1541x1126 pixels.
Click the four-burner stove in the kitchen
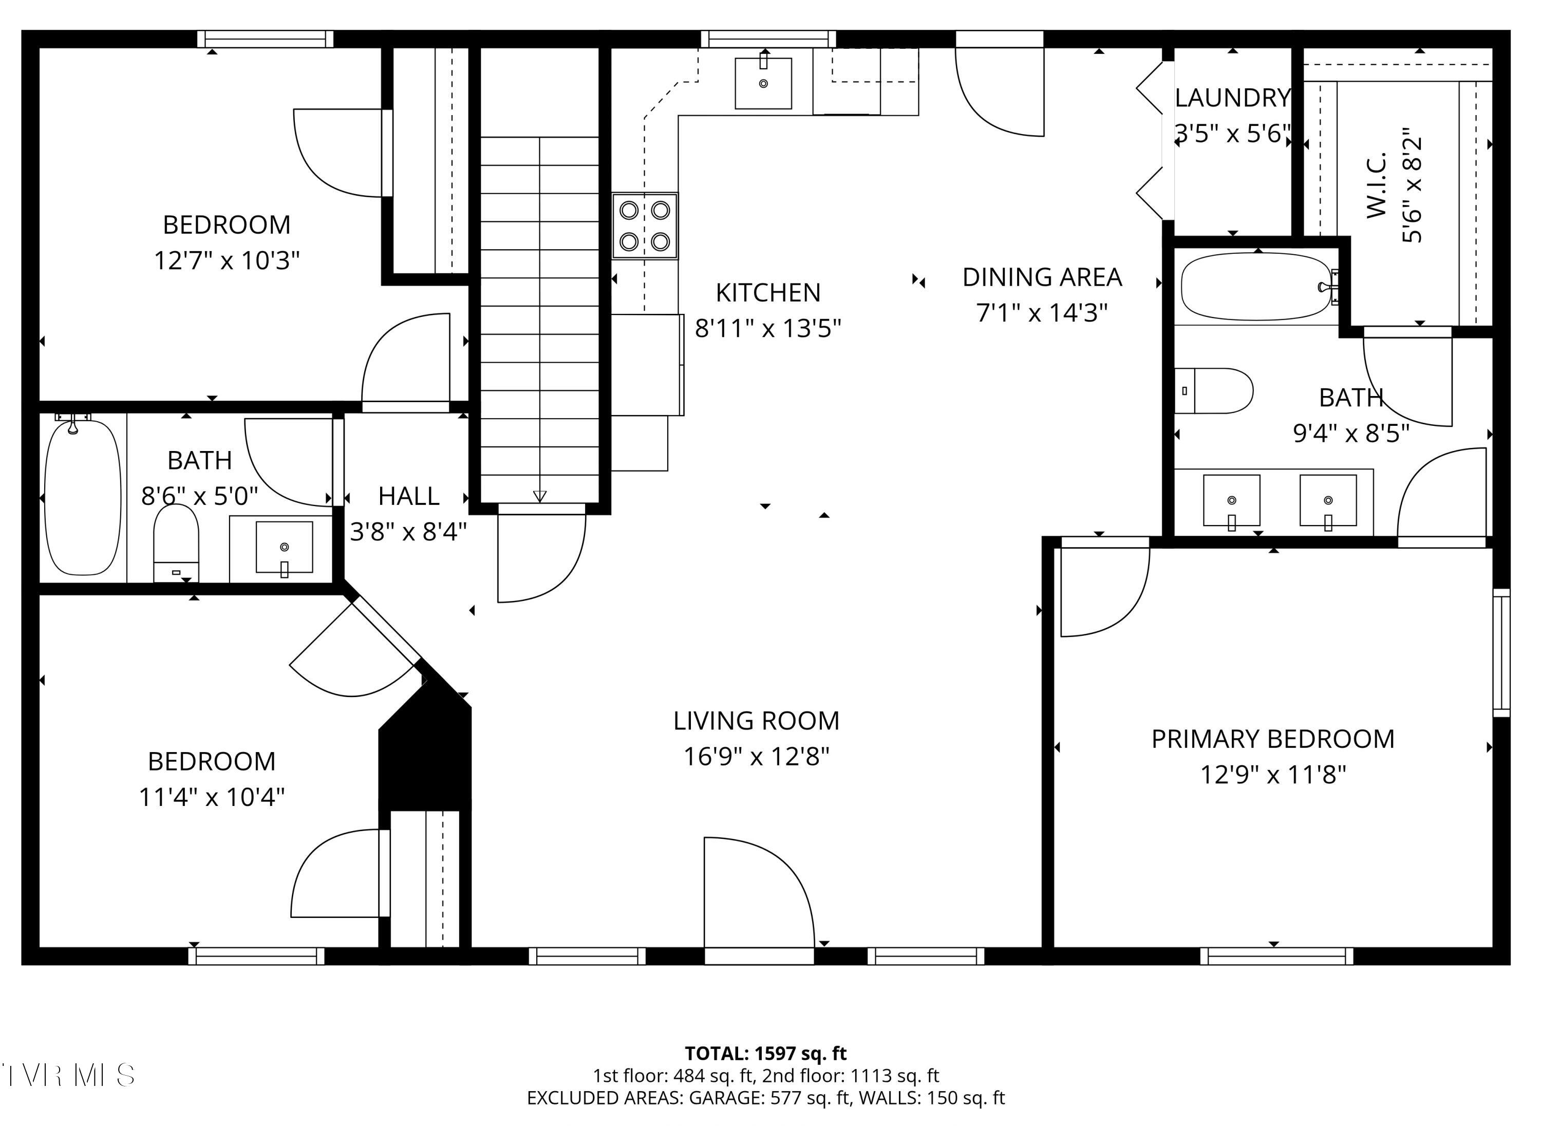(x=644, y=226)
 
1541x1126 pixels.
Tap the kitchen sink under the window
(x=763, y=83)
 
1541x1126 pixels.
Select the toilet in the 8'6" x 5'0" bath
(x=176, y=542)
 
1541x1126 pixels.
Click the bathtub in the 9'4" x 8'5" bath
(x=1255, y=286)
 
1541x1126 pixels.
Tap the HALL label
(x=408, y=496)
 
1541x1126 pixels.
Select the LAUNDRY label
(x=1232, y=98)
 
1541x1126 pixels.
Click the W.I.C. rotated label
(x=1376, y=185)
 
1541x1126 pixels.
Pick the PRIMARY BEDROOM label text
(x=1272, y=739)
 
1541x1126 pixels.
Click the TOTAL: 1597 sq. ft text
(x=765, y=1054)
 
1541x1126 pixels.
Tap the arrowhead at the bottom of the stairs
(x=540, y=496)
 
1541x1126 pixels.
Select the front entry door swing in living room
(x=757, y=893)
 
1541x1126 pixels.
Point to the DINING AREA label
(x=1041, y=277)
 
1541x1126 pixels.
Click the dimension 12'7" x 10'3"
(x=227, y=260)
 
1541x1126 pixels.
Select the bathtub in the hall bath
(x=83, y=498)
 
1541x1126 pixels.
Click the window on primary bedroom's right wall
(x=1501, y=653)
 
